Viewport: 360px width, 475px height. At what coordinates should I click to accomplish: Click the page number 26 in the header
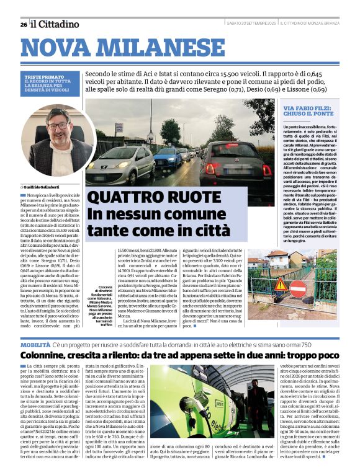(x=23, y=24)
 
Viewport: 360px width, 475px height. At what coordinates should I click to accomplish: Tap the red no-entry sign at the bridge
(x=297, y=287)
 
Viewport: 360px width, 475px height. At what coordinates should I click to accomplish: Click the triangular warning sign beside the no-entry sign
(x=281, y=285)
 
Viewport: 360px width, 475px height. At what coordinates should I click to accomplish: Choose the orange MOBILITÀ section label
(x=35, y=344)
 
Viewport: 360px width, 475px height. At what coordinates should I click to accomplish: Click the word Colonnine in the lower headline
(x=46, y=355)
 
